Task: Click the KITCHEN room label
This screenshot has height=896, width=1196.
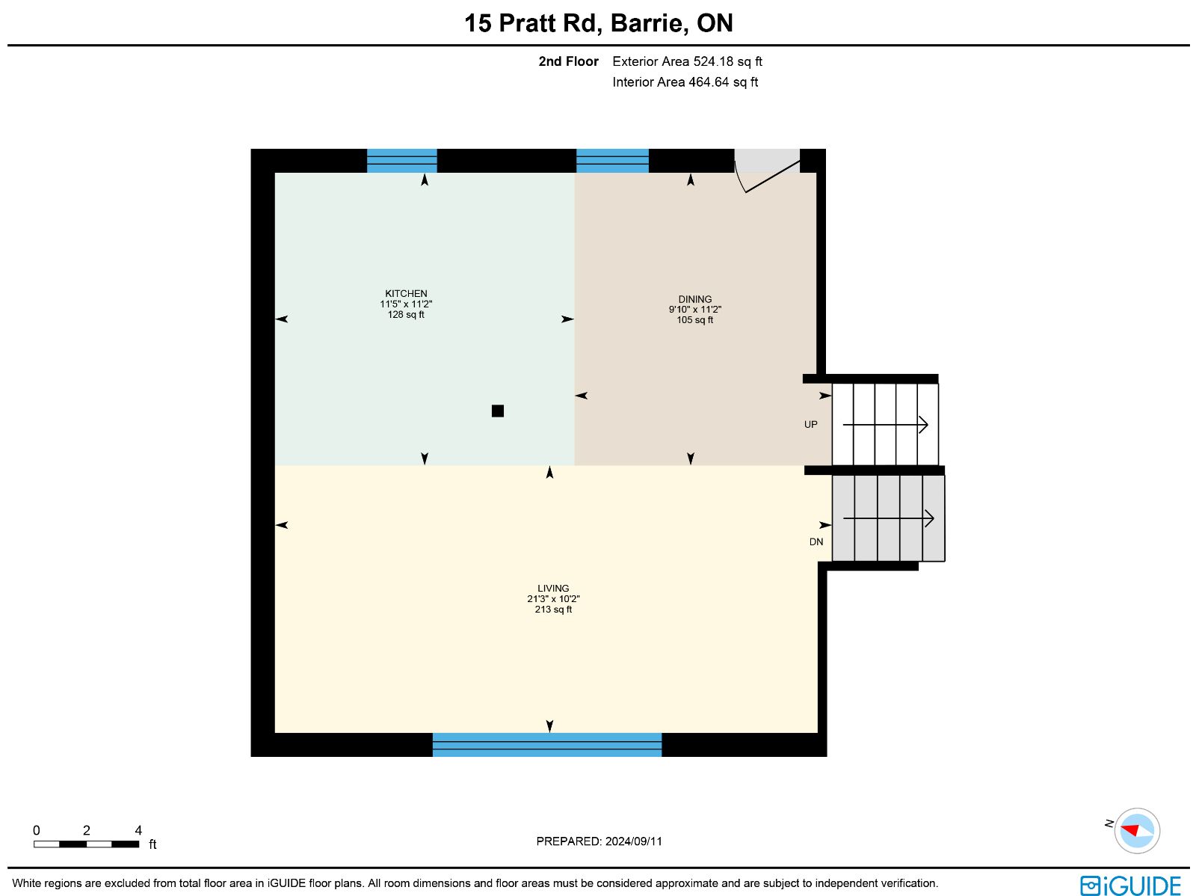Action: pos(406,293)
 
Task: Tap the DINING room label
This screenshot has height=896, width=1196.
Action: pos(694,299)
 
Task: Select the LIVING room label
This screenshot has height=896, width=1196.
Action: pos(553,588)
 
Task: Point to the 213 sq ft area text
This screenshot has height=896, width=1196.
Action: pos(553,610)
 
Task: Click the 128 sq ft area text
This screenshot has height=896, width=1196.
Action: pos(406,314)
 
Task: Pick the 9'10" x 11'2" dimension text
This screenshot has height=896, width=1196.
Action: pos(694,309)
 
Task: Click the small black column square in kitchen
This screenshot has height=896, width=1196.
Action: pos(498,411)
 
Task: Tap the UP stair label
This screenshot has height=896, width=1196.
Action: pos(811,425)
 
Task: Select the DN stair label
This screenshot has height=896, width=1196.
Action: pos(816,541)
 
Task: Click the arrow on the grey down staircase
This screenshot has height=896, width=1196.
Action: pos(889,518)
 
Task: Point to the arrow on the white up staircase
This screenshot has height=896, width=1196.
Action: pos(886,425)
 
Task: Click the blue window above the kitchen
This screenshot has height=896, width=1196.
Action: pos(402,161)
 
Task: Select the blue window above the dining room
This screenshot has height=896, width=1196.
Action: pos(612,161)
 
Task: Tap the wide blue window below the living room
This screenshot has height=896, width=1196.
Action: pos(547,744)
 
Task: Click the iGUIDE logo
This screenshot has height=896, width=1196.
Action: pos(1130,885)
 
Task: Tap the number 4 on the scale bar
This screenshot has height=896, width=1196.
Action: pos(138,830)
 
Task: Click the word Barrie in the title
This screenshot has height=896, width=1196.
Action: pos(647,23)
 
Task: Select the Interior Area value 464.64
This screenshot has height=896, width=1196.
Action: pos(709,82)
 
